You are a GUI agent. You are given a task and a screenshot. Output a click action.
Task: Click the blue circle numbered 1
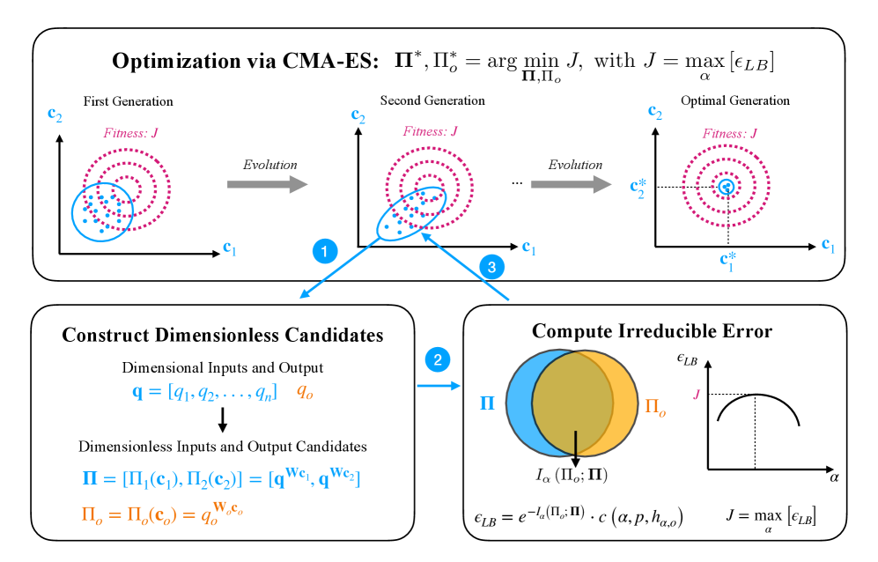coord(326,252)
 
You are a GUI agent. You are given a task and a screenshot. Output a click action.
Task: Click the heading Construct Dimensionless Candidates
coord(222,336)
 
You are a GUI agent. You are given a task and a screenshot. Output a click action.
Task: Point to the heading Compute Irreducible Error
coord(653,331)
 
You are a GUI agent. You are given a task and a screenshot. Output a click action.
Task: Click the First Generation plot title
coord(129,101)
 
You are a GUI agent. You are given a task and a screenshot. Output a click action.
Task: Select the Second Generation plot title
coord(432,101)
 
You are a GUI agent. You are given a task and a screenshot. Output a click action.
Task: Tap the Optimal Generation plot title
coord(723,101)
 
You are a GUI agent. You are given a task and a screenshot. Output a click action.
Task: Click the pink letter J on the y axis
coord(697,394)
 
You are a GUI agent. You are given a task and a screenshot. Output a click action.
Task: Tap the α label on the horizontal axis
coord(832,477)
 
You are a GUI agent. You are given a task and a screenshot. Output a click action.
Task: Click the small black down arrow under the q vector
coord(224,417)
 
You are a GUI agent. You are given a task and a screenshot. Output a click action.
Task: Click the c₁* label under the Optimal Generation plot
coord(727,260)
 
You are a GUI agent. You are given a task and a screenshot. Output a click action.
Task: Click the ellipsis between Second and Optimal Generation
coord(515,182)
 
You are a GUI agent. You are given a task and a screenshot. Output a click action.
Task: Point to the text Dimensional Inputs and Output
coord(222,367)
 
